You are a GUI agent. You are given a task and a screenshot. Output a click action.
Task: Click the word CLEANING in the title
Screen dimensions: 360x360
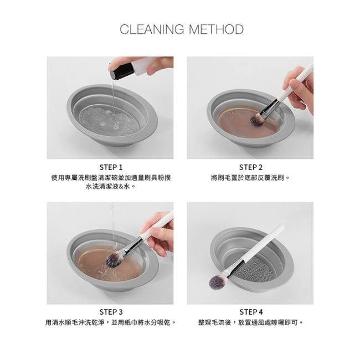point(152,29)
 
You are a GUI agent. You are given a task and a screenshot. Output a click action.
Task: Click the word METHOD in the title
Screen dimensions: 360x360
point(216,29)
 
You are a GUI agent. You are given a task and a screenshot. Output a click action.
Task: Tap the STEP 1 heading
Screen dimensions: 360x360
point(111,167)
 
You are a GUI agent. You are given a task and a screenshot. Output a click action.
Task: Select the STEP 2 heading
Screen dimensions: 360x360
point(250,167)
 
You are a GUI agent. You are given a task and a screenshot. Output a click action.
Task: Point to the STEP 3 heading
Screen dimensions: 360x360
point(111,312)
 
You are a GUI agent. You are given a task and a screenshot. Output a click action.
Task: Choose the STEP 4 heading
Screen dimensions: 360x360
point(251,312)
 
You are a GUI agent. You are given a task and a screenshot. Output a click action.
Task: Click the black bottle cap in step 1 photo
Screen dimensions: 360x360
point(121,71)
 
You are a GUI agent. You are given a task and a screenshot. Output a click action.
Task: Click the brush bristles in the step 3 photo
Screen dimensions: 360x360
point(114,260)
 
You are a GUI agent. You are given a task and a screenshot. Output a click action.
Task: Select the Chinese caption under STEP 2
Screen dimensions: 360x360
point(250,178)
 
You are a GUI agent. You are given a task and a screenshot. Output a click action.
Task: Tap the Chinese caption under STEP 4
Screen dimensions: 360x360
point(251,322)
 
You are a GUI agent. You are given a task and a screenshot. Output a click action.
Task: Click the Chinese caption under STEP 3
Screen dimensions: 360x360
point(111,322)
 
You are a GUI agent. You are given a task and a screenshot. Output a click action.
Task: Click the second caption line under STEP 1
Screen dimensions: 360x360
point(111,187)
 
